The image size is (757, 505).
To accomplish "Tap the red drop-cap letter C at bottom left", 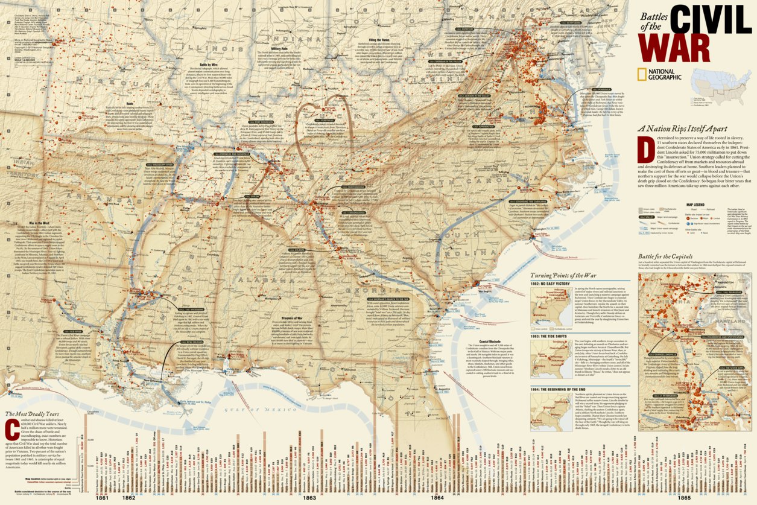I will (x=10, y=430).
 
